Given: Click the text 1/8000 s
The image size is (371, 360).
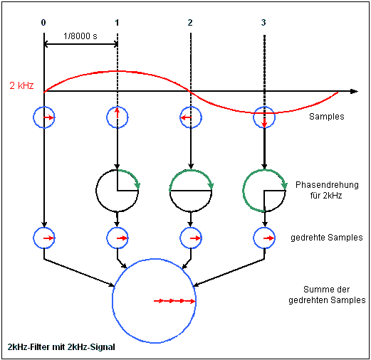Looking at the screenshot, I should pyautogui.click(x=80, y=36).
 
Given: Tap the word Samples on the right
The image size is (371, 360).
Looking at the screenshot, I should pyautogui.click(x=328, y=116).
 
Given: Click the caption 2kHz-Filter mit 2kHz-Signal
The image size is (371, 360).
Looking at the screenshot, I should pyautogui.click(x=62, y=346).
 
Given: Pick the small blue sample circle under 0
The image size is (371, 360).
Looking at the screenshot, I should pyautogui.click(x=44, y=117).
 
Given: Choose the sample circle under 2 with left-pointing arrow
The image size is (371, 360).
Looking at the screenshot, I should pyautogui.click(x=190, y=117).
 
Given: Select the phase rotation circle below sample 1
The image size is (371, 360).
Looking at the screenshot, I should pyautogui.click(x=117, y=190).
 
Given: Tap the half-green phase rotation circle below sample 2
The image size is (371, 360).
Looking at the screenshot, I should pyautogui.click(x=190, y=190).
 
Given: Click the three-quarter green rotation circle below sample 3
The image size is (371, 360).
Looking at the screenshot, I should pyautogui.click(x=264, y=190).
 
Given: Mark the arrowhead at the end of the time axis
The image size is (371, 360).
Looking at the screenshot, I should pyautogui.click(x=354, y=92).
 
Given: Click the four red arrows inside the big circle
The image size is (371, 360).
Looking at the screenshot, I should pyautogui.click(x=174, y=302).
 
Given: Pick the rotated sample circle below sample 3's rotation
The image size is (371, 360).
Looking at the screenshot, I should pyautogui.click(x=264, y=237).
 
